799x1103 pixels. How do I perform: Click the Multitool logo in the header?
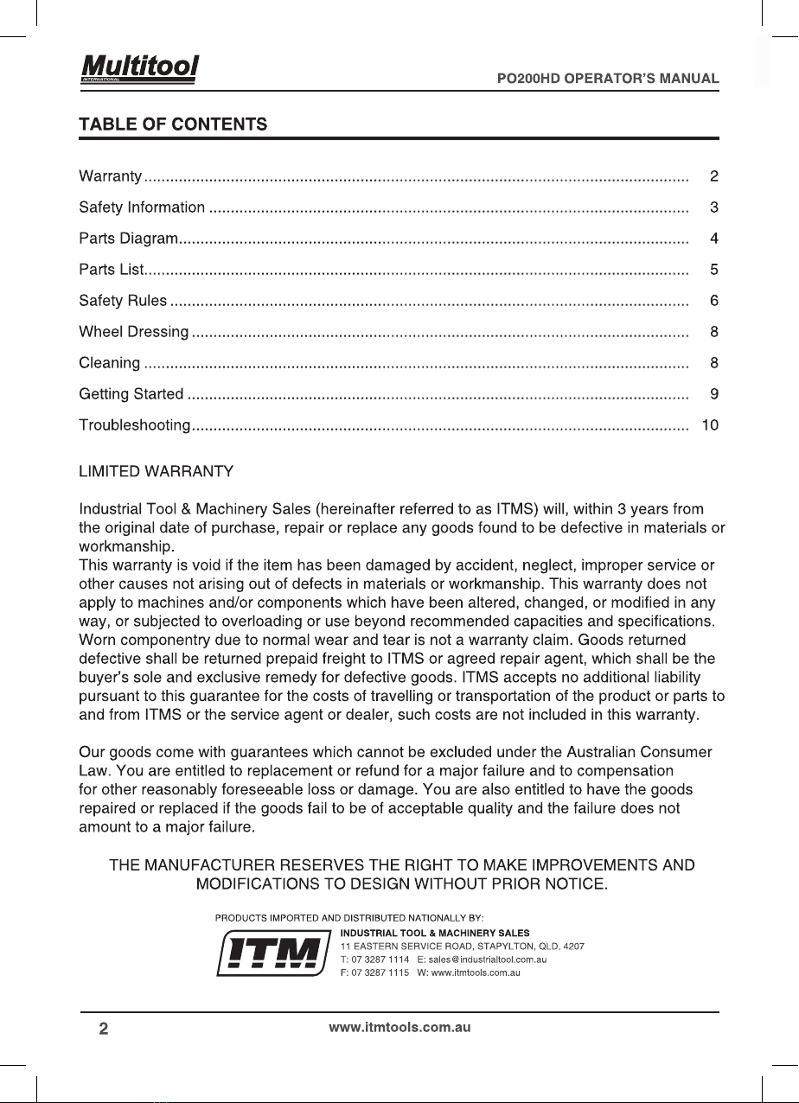(x=139, y=67)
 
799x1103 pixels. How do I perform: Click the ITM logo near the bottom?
(x=274, y=953)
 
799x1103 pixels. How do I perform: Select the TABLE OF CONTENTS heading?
(x=172, y=124)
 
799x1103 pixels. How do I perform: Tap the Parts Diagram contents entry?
(x=129, y=239)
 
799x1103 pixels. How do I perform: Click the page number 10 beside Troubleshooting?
(x=711, y=425)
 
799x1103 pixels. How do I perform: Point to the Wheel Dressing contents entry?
(x=134, y=332)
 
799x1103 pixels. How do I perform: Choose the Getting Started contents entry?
(x=131, y=394)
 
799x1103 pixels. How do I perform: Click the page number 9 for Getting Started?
(x=714, y=394)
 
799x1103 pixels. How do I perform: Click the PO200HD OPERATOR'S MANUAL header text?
(x=608, y=78)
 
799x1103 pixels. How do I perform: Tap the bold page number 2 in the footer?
(x=104, y=1029)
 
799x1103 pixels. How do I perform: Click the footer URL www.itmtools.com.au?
(x=399, y=1028)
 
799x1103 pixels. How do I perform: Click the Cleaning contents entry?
(x=110, y=363)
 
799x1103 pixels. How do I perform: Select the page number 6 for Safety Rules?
(x=714, y=301)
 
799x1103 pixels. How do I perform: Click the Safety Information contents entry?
(x=142, y=207)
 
